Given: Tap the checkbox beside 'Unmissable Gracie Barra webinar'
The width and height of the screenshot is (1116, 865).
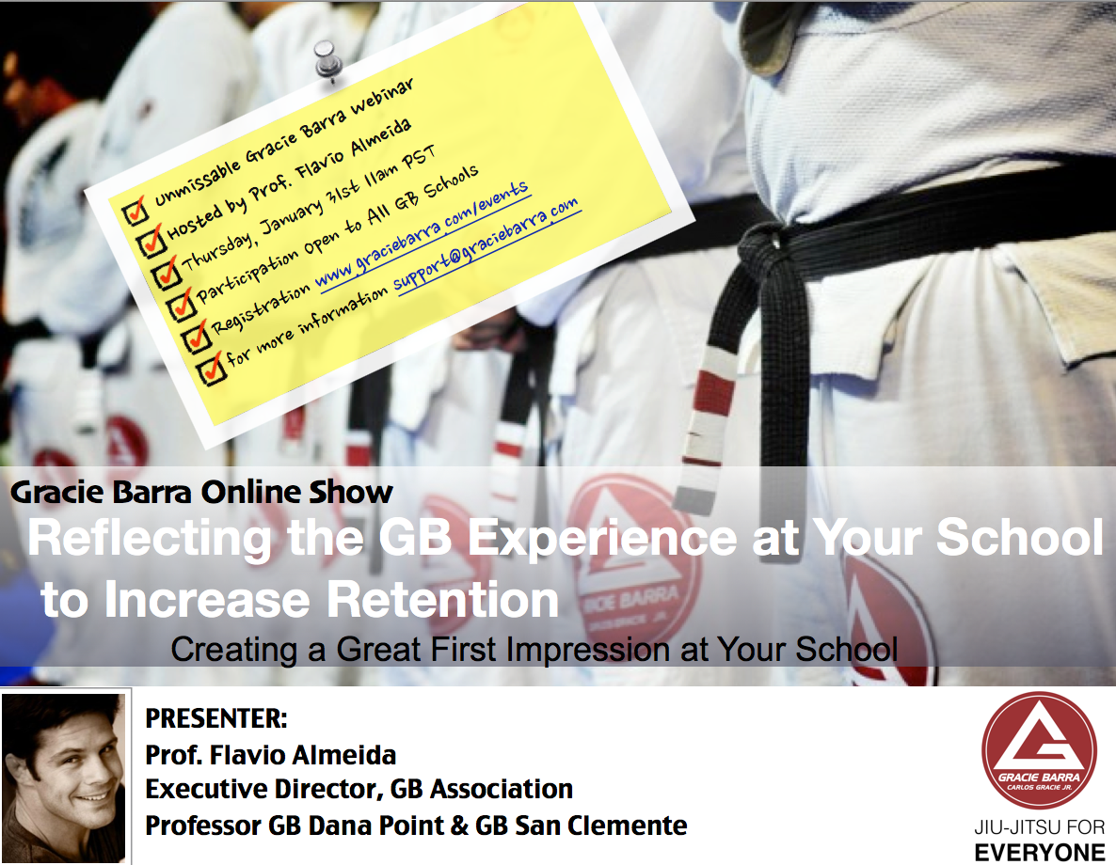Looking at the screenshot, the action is [x=135, y=212].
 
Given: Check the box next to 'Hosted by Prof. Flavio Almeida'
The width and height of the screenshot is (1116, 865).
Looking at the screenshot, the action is [x=151, y=242].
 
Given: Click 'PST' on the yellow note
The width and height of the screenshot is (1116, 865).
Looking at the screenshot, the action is [x=419, y=157].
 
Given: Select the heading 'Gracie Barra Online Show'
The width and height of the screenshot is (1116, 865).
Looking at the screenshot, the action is [x=201, y=493].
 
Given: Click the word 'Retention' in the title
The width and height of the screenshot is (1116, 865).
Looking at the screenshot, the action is [x=442, y=599].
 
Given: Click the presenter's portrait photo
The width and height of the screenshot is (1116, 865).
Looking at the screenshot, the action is [x=63, y=778].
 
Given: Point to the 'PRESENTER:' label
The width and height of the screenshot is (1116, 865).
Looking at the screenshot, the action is [x=216, y=718].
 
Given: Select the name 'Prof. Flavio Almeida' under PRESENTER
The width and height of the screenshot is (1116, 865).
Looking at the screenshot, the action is [x=270, y=755].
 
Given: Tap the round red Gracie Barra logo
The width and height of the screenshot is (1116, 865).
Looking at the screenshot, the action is [x=1039, y=750].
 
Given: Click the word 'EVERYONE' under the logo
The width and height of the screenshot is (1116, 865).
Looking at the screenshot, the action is [x=1040, y=852].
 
